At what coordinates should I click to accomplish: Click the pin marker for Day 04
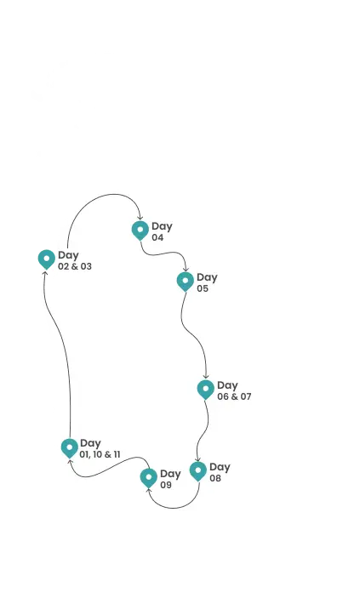(x=140, y=230)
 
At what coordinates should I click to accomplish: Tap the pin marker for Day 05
(x=186, y=282)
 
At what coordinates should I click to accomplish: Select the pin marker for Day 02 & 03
(x=46, y=259)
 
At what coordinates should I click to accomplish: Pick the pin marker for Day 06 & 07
(x=205, y=389)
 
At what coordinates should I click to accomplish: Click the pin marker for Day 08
(x=197, y=471)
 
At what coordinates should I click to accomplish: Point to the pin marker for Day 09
(x=148, y=478)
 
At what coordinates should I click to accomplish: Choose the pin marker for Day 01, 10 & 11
(x=70, y=447)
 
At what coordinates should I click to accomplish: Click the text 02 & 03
(x=75, y=266)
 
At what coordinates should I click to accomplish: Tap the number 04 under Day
(x=157, y=237)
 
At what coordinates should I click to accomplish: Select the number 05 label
(x=203, y=288)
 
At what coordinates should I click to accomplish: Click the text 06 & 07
(x=234, y=396)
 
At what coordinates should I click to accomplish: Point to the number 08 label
(x=215, y=478)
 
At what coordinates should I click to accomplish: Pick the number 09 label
(x=166, y=485)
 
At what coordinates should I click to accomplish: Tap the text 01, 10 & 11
(x=100, y=454)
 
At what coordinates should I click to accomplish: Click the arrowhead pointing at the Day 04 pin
(x=140, y=217)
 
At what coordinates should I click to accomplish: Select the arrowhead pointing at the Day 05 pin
(x=186, y=269)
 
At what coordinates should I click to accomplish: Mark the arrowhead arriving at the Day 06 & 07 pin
(x=206, y=377)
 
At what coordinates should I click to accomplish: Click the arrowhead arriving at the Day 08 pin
(x=197, y=458)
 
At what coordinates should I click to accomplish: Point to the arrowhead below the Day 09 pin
(x=149, y=490)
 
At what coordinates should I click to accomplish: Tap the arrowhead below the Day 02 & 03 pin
(x=45, y=272)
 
